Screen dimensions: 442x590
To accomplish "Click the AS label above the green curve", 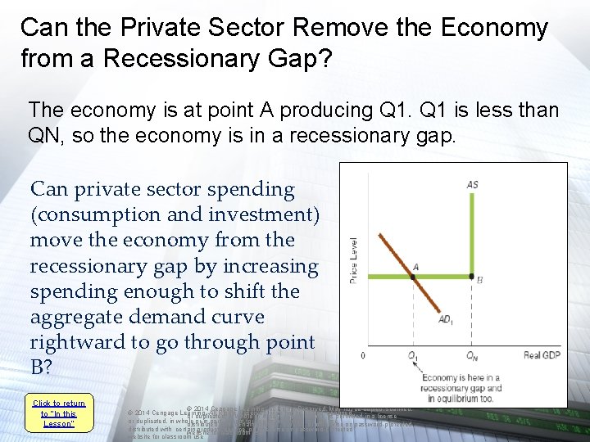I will point(473,185).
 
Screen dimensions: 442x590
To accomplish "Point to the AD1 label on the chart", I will point(446,318).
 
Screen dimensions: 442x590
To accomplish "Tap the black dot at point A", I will point(413,277).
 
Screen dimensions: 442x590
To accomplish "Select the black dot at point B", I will point(471,277).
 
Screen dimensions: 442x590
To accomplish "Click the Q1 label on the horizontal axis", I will point(413,355).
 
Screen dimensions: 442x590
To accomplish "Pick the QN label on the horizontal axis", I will point(472,355).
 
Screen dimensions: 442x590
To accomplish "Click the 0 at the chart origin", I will point(363,355).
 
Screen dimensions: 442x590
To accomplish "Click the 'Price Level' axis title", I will point(354,260).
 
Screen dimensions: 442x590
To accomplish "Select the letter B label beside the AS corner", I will point(479,280).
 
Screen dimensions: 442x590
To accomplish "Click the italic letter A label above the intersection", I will point(416,267).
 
